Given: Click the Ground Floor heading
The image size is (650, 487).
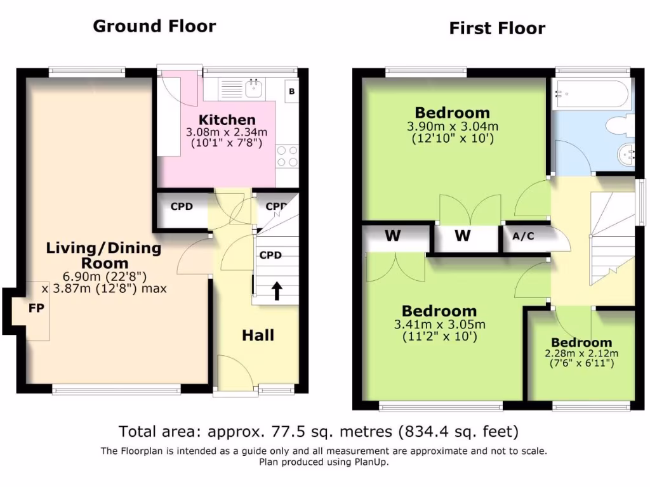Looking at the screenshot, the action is [x=154, y=26].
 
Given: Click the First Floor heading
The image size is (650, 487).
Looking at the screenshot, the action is [x=497, y=29].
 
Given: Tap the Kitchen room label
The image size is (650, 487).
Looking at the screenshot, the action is [x=227, y=120].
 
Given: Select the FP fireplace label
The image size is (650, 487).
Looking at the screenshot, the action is [x=36, y=308].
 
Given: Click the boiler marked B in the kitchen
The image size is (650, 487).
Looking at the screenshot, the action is [x=292, y=91].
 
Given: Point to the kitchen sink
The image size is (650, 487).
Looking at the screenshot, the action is [x=253, y=89].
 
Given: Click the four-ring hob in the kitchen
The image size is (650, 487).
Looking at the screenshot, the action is [x=288, y=156].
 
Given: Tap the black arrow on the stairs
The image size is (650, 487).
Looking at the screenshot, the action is [x=277, y=291].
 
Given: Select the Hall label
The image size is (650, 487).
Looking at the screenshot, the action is [x=258, y=335].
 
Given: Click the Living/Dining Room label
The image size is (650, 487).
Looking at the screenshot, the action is [x=103, y=256].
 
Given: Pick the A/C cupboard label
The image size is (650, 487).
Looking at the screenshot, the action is [x=523, y=236].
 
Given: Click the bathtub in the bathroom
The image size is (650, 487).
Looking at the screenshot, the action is [x=591, y=94].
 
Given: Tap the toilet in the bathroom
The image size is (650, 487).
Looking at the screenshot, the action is [x=620, y=126].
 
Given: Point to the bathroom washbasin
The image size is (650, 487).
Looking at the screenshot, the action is [x=626, y=155].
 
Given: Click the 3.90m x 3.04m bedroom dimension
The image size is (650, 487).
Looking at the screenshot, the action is [x=453, y=126].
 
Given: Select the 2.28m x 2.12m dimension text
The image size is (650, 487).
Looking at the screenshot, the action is [x=581, y=354].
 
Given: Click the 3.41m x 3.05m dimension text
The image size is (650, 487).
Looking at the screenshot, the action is [x=439, y=324].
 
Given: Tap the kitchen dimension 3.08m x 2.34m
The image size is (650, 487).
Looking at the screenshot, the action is [x=227, y=133].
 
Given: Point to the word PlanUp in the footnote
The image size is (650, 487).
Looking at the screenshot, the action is [x=370, y=462].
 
